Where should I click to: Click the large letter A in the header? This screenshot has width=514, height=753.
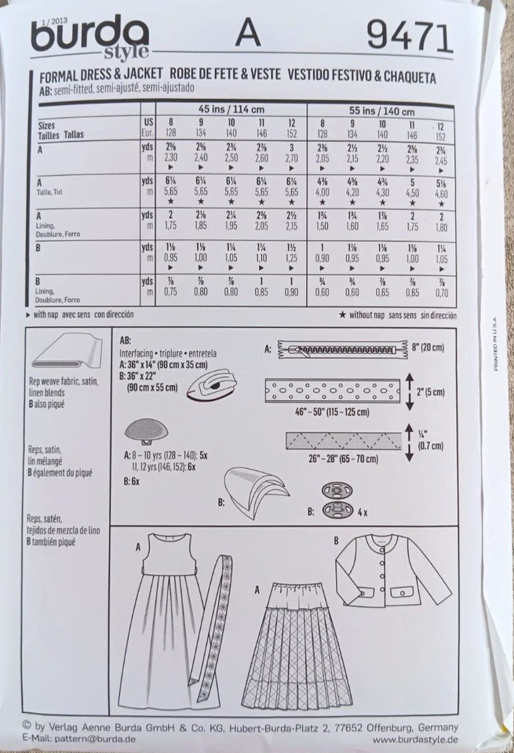click(248, 34)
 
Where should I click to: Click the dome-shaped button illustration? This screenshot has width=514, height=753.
click(143, 431)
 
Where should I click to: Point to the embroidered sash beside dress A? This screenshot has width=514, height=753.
click(213, 620)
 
